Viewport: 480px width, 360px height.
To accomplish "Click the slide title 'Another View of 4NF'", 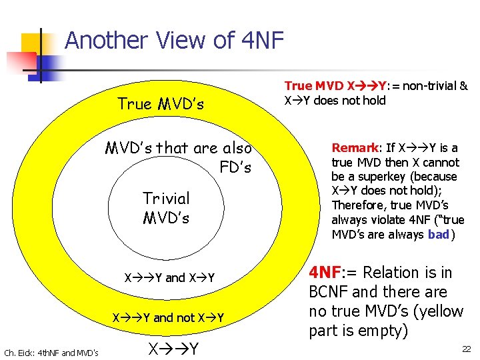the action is click(x=174, y=41).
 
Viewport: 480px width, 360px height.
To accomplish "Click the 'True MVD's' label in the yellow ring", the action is click(x=161, y=104).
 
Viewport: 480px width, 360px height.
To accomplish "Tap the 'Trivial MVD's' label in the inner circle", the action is click(x=166, y=208).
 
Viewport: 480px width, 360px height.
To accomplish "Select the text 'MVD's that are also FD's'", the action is click(x=179, y=157).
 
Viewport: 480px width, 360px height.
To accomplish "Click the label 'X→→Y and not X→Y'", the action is click(x=167, y=317).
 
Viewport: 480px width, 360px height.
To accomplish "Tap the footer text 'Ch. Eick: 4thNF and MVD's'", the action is click(x=51, y=352).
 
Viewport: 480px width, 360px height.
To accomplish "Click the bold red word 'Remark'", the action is click(x=355, y=148).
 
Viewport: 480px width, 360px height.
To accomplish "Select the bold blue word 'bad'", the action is click(x=438, y=234).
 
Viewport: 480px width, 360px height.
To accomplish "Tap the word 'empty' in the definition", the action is click(x=383, y=331).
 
